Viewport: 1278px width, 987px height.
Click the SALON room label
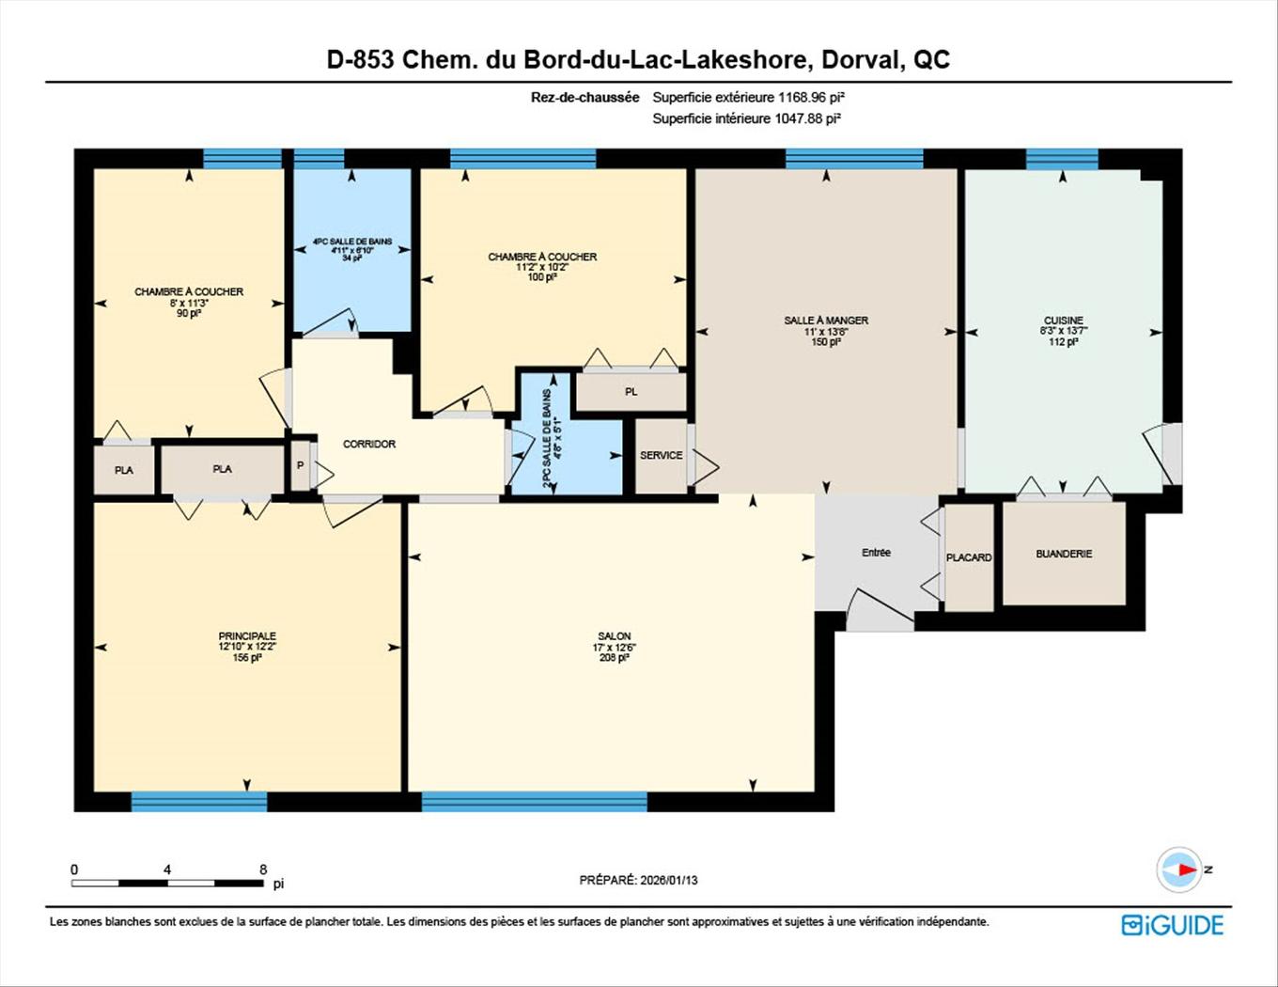pyautogui.click(x=614, y=636)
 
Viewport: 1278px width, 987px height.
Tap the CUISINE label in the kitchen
pyautogui.click(x=1063, y=321)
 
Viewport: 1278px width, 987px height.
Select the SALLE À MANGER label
pyautogui.click(x=826, y=321)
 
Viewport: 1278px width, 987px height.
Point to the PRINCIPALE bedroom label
pyautogui.click(x=247, y=636)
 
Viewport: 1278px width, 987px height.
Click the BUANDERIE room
pyautogui.click(x=1064, y=554)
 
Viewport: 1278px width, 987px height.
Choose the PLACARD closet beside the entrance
pyautogui.click(x=969, y=557)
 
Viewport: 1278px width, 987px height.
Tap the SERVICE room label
pyautogui.click(x=662, y=455)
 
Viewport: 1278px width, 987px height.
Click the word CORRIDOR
pyautogui.click(x=369, y=444)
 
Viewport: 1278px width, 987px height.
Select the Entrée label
pyautogui.click(x=876, y=553)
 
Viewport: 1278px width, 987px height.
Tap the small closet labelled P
pyautogui.click(x=301, y=465)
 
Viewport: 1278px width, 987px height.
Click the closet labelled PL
pyautogui.click(x=631, y=391)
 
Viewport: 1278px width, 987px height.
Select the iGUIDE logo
pyautogui.click(x=1173, y=925)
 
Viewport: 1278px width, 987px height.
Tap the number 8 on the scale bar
pyautogui.click(x=263, y=869)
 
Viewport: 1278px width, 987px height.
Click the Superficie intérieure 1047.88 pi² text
pyautogui.click(x=746, y=118)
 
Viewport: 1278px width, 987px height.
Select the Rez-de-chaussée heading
pyautogui.click(x=584, y=97)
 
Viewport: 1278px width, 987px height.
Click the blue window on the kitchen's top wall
pyautogui.click(x=1062, y=158)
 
